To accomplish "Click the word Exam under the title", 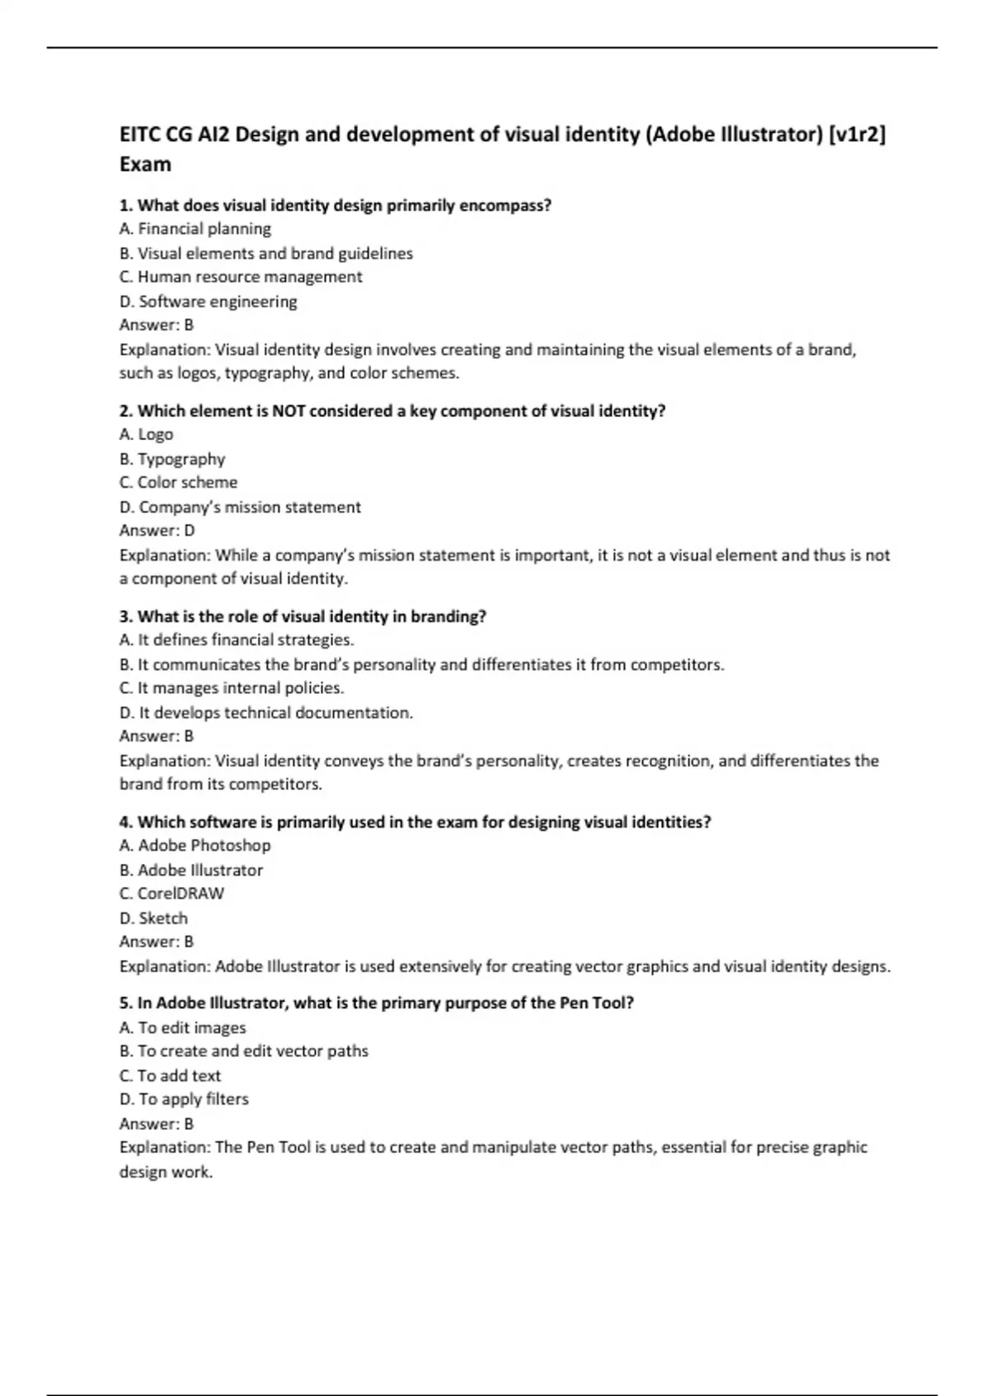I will pos(145,164).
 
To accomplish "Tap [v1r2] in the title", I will pos(857,134).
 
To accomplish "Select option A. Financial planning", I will pos(195,229).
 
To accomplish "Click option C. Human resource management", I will pos(241,277).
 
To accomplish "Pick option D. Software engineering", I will pos(208,301).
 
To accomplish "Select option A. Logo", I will pos(146,434).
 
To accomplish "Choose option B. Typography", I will pos(172,459).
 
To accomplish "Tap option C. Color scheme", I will pos(178,482).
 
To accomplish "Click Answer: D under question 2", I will pos(157,530).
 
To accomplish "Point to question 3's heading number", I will pos(126,616).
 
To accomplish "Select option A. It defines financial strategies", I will pos(236,640).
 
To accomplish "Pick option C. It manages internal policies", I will pos(231,688).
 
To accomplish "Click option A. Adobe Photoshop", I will pos(195,845).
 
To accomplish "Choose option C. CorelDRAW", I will pos(172,893).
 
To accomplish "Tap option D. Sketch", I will pos(153,918).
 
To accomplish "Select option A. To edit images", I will pos(182,1027).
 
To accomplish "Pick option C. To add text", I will pos(170,1076).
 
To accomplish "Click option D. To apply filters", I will pos(184,1099).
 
